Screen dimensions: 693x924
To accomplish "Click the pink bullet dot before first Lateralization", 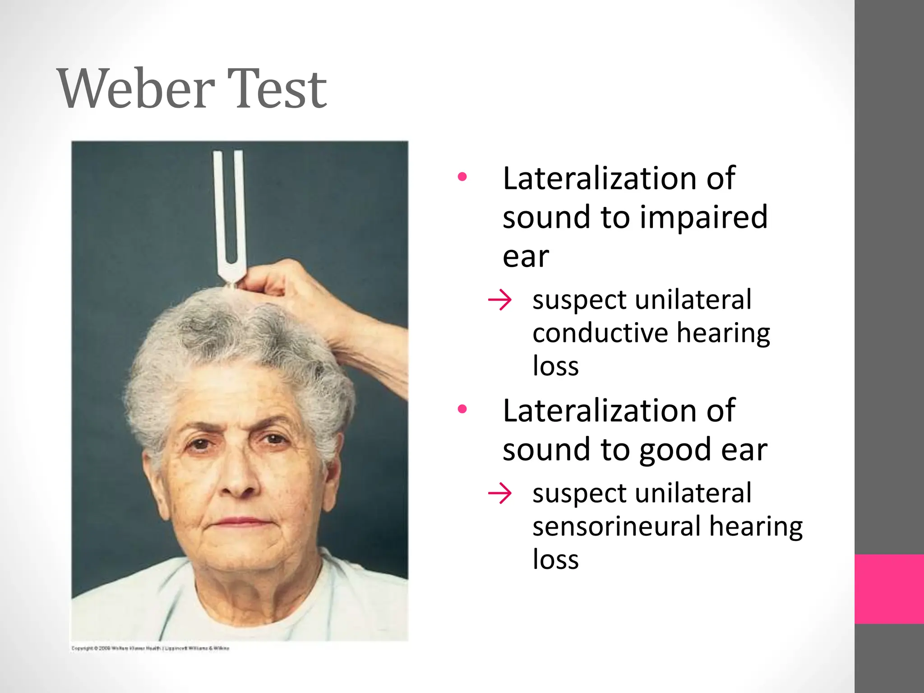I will (x=462, y=177).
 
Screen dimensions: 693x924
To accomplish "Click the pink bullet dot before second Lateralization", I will (x=462, y=409).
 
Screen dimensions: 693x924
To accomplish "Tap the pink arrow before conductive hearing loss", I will (x=500, y=300).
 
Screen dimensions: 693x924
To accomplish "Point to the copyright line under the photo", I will (x=150, y=648).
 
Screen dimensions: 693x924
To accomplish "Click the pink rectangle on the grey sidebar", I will (x=889, y=589).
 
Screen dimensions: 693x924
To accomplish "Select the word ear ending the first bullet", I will (x=526, y=257).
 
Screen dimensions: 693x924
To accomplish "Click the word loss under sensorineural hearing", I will (x=555, y=560).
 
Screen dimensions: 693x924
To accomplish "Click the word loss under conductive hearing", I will (x=555, y=366).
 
